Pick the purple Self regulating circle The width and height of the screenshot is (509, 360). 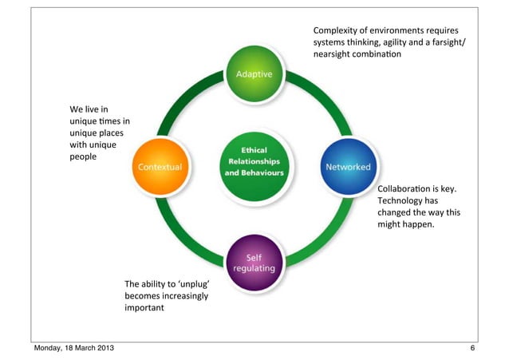(x=254, y=261)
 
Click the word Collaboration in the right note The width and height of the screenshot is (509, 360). (x=403, y=188)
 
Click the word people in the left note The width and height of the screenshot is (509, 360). (x=83, y=157)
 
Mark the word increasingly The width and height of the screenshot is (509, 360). (x=180, y=295)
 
